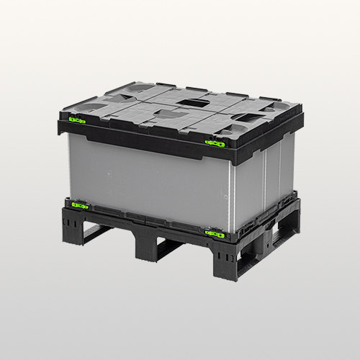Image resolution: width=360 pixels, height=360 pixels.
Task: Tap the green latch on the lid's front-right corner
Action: point(214,143)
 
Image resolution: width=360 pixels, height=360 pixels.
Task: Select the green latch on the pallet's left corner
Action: point(79,206)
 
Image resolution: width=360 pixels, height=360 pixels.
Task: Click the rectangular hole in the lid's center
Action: point(193,104)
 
